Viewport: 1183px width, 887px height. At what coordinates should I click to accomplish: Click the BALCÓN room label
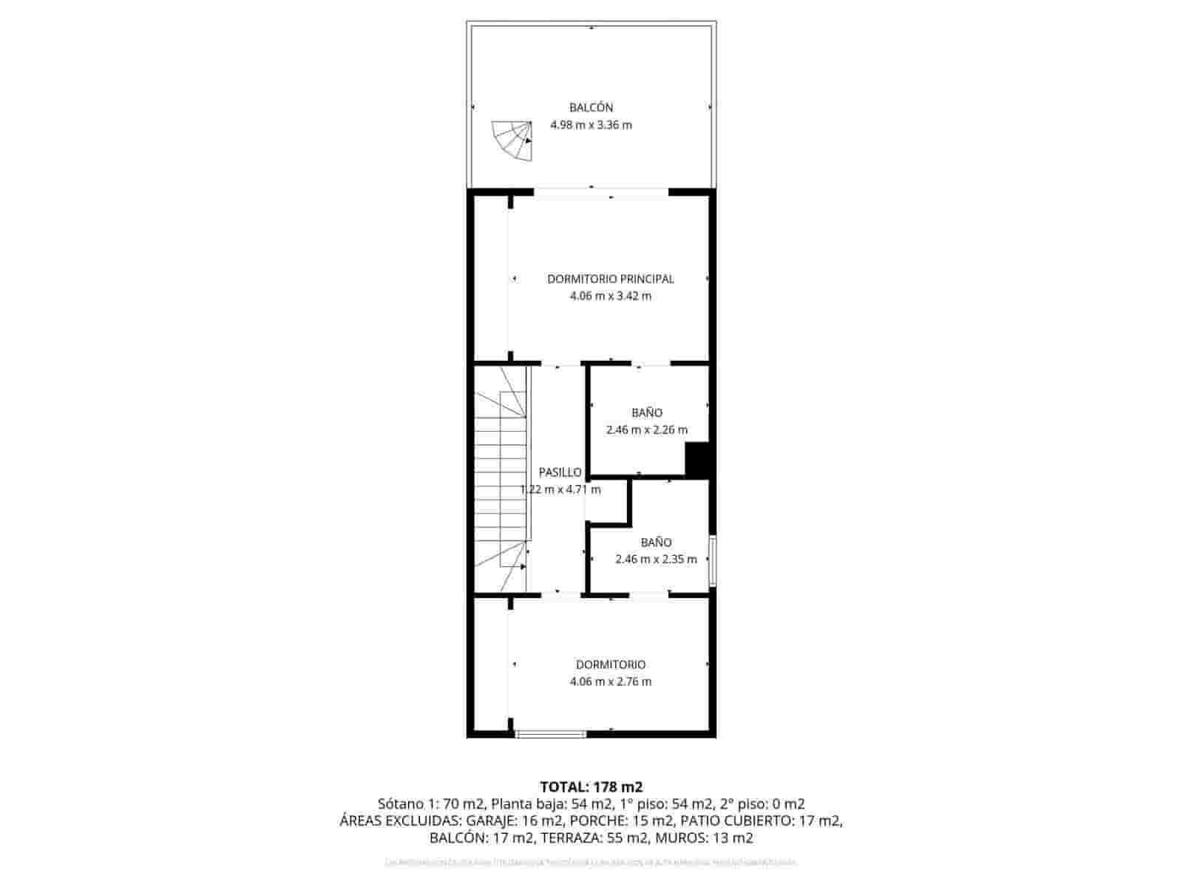591,108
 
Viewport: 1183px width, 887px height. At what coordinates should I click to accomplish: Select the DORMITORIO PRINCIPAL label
610,279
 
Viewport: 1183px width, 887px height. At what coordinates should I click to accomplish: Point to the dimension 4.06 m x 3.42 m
610,296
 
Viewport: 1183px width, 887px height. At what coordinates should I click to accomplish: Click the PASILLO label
560,472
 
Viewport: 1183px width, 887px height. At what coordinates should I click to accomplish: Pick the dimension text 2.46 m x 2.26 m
646,429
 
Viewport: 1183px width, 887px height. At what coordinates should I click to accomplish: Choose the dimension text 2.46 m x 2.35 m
656,560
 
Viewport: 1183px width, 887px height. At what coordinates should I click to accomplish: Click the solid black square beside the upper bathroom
697,460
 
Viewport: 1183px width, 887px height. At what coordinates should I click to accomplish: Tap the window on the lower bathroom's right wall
712,560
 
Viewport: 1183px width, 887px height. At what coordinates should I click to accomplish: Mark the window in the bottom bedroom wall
551,734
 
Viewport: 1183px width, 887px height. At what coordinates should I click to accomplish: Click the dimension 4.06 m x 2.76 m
610,682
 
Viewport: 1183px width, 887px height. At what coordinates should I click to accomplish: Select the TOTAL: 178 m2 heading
591,786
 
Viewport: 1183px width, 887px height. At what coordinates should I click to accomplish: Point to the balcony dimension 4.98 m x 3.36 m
591,125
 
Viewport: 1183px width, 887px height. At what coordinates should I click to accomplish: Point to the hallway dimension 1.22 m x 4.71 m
560,489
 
